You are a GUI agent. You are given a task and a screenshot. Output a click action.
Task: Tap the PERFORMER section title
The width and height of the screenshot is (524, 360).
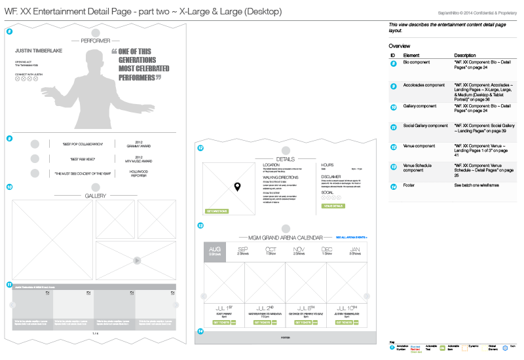coord(96,41)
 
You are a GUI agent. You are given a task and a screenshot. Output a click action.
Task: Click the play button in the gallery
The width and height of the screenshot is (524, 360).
coord(136,261)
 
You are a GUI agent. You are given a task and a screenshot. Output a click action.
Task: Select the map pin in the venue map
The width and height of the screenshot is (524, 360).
coord(238,187)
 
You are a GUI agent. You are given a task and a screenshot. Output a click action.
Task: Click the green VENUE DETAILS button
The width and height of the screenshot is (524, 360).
coord(333,206)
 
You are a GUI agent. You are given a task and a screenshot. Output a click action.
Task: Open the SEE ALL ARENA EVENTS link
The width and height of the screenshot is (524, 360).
coord(351,237)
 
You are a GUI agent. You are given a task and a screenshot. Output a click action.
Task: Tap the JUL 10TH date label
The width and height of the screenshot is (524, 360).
coord(346,308)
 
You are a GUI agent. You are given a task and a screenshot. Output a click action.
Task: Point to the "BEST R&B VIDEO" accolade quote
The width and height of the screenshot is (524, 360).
coord(78,159)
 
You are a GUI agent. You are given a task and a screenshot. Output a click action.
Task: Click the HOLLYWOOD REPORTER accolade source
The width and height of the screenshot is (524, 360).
coord(138,173)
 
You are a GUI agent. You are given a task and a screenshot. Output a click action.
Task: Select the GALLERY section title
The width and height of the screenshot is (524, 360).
coord(96,196)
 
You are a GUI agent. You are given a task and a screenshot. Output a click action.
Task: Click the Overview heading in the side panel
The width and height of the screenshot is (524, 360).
coord(400,46)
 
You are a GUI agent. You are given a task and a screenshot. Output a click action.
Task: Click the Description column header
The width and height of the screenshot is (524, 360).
coord(464,55)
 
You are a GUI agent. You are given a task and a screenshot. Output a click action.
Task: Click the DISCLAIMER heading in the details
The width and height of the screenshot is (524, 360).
coord(332,176)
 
